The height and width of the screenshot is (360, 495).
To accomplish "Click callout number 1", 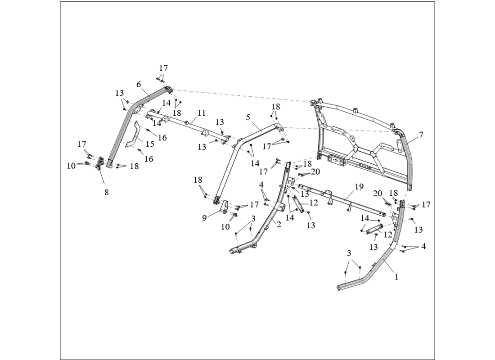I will coord(396,277).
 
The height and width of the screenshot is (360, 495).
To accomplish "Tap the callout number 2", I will coord(279,224).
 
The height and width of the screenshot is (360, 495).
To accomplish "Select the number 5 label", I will coord(248,117).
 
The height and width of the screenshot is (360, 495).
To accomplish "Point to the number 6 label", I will coord(139,84).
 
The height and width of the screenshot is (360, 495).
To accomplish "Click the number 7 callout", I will coord(421,135).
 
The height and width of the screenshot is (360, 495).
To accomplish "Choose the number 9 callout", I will coord(204,218).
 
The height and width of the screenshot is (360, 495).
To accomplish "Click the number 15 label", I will coord(150,144).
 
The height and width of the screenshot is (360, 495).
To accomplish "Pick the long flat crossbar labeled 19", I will coord(342,199).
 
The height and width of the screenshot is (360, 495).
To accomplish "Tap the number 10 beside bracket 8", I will coord(71,166).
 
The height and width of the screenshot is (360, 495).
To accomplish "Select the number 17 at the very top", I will coord(163,68).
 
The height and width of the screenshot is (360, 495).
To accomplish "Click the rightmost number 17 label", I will coord(426,204).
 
